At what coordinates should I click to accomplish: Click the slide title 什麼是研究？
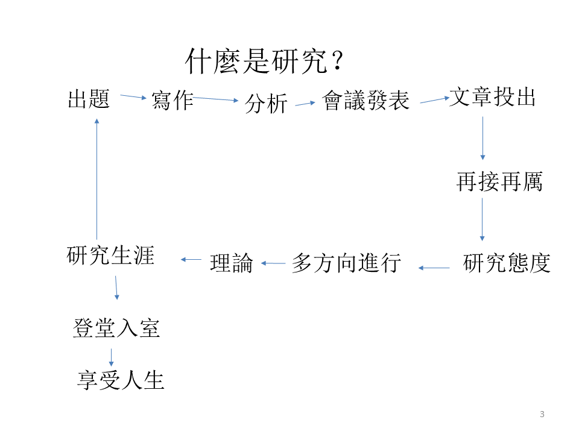point(265,61)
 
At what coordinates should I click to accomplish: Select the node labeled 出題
point(89,98)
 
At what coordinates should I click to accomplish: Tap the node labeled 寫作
point(172,100)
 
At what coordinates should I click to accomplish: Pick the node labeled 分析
point(266,104)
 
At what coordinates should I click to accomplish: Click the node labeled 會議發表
point(366,100)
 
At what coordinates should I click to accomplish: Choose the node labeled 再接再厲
point(499,181)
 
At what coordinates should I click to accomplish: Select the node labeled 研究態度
point(507,263)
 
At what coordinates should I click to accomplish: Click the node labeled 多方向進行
point(346,263)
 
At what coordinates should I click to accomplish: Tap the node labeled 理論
point(231,263)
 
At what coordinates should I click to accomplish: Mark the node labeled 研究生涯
point(110,256)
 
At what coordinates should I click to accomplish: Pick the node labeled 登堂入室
point(116,329)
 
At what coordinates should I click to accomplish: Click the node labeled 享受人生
point(121,380)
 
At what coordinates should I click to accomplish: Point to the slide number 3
point(542,414)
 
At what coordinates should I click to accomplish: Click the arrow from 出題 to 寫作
point(133,96)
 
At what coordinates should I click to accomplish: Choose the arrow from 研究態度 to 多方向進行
point(434,268)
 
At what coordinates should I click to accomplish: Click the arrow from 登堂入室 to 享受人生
point(111,357)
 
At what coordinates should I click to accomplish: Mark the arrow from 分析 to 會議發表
point(305,104)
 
